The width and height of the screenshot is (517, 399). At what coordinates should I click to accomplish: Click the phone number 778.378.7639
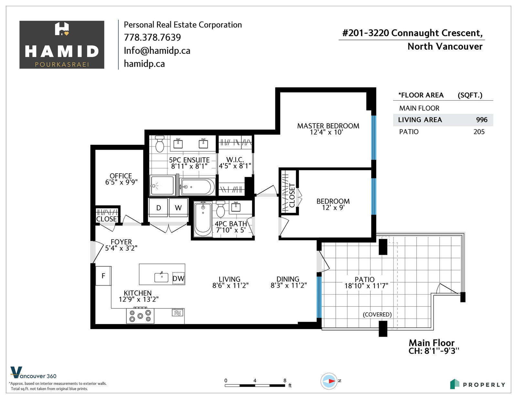[152, 37]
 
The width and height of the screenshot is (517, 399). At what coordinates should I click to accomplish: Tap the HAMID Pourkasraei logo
[62, 45]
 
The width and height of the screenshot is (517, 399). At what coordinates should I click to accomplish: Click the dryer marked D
[158, 208]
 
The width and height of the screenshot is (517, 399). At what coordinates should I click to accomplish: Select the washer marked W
[178, 208]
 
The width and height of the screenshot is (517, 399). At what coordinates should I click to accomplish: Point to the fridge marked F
[103, 276]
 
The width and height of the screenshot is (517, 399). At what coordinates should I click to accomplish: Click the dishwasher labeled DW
[178, 278]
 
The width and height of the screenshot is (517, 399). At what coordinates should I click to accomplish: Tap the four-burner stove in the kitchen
[140, 316]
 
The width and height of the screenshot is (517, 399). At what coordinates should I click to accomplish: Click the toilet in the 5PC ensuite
[160, 144]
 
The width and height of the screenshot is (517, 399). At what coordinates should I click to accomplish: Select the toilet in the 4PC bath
[221, 209]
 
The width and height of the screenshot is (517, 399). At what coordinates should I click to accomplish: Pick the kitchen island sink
[161, 277]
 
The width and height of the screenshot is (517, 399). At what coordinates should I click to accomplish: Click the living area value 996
[482, 120]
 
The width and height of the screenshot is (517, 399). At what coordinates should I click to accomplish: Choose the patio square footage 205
[479, 132]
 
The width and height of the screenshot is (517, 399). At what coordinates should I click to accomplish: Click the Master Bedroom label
[328, 126]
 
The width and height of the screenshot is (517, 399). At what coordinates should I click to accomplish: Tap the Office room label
[121, 176]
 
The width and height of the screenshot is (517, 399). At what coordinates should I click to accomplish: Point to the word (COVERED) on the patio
[377, 314]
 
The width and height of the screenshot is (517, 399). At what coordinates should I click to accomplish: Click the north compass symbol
[329, 381]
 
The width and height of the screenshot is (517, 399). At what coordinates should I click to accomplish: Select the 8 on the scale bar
[285, 381]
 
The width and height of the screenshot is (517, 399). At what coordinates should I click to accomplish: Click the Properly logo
[478, 384]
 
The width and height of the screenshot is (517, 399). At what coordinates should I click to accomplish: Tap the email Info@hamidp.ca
[157, 51]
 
